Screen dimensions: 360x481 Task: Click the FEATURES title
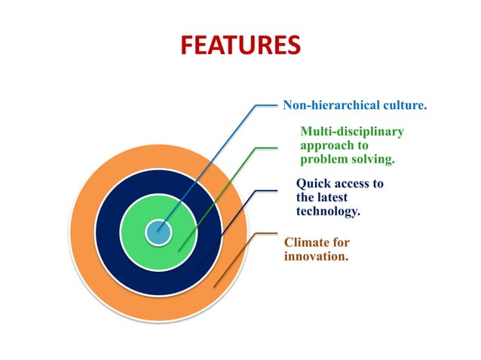[x=240, y=46]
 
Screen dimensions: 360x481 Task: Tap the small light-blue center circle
[x=158, y=232]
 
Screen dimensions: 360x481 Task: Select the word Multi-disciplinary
[x=352, y=132]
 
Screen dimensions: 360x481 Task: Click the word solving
[x=373, y=159]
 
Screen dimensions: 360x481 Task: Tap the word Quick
[x=314, y=184]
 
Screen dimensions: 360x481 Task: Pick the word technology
[x=328, y=211]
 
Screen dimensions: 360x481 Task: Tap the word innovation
[x=316, y=256]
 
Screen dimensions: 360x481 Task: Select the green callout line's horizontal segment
[x=267, y=148]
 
